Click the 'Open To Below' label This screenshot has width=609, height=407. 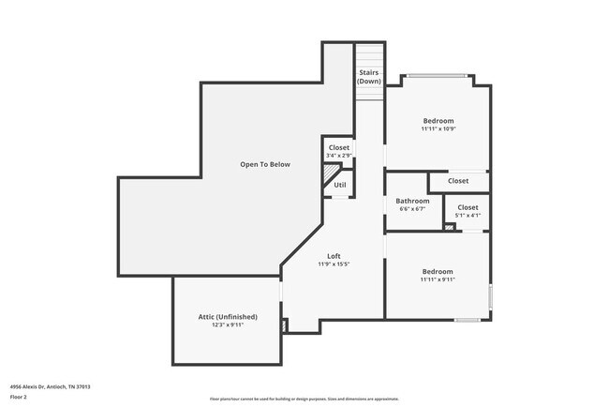tap(265, 164)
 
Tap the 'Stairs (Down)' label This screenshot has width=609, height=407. tap(369, 76)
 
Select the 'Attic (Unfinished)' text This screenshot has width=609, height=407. tap(228, 317)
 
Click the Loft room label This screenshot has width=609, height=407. tap(334, 256)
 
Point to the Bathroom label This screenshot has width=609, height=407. tap(412, 201)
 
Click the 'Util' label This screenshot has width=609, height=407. tap(339, 185)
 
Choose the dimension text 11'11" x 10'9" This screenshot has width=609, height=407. tap(438, 128)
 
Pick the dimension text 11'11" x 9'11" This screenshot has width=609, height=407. tap(438, 279)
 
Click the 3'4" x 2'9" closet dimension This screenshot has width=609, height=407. tap(338, 156)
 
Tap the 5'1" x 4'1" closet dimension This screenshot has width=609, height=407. tap(468, 215)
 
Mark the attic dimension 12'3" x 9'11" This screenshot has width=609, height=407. tap(228, 325)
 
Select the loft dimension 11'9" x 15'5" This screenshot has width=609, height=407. tap(334, 264)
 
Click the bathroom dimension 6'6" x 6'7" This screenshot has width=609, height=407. tap(412, 209)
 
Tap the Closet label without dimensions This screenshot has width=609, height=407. tap(458, 181)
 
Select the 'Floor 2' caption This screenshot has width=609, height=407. tap(19, 397)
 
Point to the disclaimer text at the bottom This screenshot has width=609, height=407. tap(304, 399)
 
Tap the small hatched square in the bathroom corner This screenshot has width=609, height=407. tap(451, 226)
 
